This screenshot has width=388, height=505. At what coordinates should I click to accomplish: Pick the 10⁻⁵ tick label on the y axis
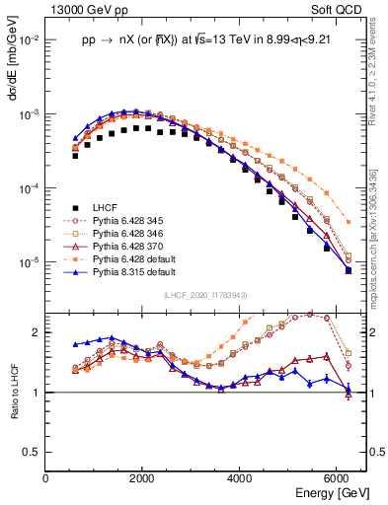click(30, 263)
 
